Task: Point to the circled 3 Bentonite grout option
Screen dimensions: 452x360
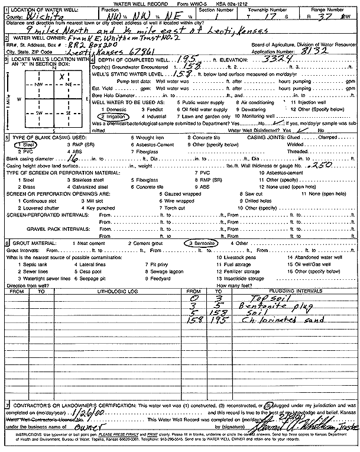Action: (x=201, y=243)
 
